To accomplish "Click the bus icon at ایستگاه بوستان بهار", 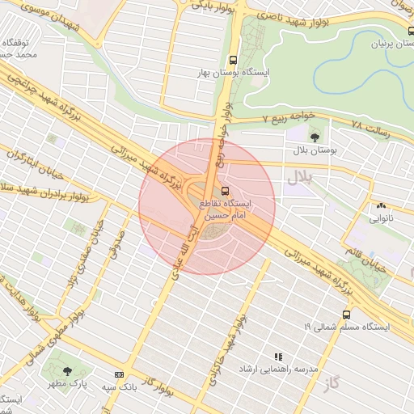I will point(234,60).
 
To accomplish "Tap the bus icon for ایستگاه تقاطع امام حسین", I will point(225,191).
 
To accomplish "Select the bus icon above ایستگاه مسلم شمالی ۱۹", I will point(346,314).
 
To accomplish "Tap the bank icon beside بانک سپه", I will point(119,375).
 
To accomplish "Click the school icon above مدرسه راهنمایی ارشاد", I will point(278,356).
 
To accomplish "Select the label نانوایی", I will point(381,218).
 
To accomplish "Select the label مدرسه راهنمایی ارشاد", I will point(275,368).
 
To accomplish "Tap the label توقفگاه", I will point(17,40).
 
